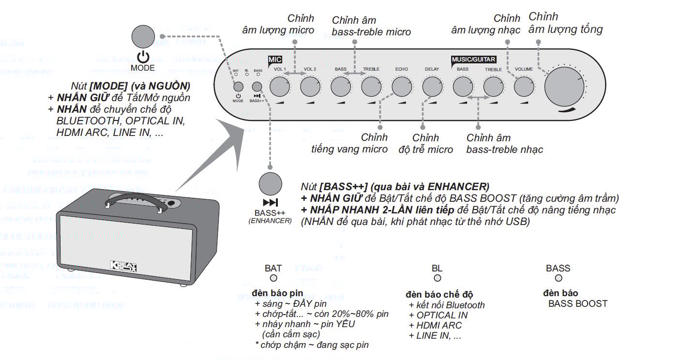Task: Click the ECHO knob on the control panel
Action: click(401, 87)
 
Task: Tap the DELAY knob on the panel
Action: click(432, 87)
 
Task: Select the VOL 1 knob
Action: click(279, 87)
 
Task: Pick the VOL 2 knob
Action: click(310, 87)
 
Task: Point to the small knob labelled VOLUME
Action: click(524, 87)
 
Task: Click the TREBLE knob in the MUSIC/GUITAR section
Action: click(493, 87)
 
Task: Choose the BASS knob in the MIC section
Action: click(340, 87)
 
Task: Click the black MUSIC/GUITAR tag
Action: click(473, 60)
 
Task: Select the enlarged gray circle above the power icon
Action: click(143, 37)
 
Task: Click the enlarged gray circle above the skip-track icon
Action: click(270, 184)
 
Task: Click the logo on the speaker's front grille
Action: click(124, 268)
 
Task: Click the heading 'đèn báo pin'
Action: click(277, 293)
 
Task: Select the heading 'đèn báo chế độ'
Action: click(439, 294)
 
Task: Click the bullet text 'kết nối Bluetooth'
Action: click(446, 305)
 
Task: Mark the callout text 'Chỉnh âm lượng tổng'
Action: click(565, 23)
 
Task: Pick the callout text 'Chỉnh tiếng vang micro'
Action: click(349, 143)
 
